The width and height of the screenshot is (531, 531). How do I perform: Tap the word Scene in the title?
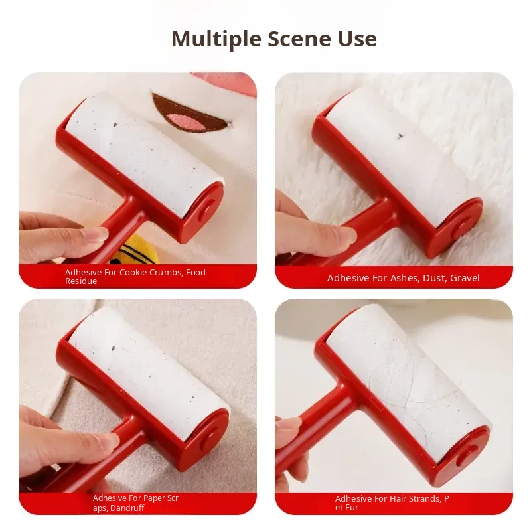[299, 39]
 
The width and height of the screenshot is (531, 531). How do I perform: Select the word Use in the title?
[357, 39]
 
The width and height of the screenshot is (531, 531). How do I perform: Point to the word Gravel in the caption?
[465, 278]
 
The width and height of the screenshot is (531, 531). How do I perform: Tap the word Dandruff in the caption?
[127, 508]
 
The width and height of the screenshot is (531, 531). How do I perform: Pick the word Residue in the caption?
[81, 281]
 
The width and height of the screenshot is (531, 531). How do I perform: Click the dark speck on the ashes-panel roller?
[400, 136]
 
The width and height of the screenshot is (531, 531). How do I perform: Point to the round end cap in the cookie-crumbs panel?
[207, 207]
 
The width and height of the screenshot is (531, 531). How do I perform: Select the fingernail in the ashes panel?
[346, 235]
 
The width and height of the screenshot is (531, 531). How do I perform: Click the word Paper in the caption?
[153, 498]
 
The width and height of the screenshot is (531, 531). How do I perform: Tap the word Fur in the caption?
[352, 508]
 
